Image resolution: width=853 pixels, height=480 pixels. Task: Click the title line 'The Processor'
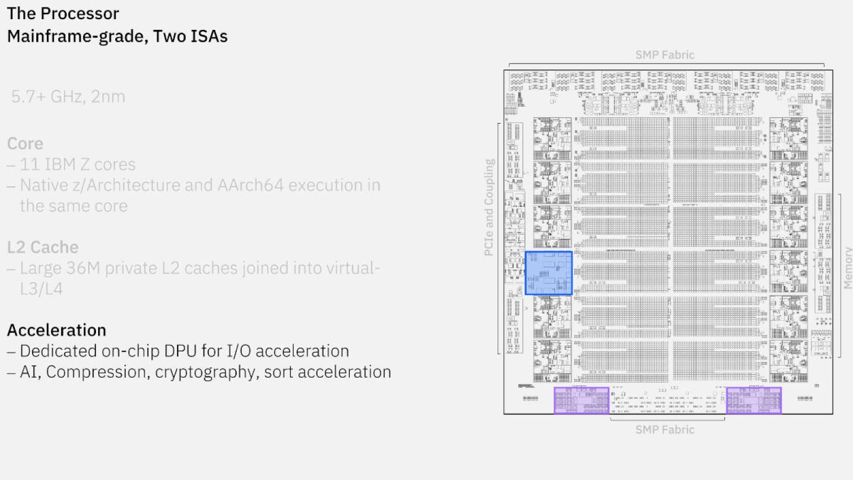(63, 14)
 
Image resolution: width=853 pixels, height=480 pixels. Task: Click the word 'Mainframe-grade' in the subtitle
(75, 37)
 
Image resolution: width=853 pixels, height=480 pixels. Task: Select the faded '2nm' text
(108, 97)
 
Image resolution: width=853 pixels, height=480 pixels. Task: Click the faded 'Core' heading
(25, 143)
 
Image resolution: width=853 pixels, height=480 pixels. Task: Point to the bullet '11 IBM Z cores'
(78, 165)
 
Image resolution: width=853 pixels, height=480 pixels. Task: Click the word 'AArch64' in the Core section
(251, 186)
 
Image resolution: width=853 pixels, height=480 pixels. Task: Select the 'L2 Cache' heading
(43, 247)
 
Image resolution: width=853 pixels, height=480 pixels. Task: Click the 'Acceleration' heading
(57, 330)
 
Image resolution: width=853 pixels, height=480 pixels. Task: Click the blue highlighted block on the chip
(549, 273)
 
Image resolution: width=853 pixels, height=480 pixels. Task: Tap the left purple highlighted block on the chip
(582, 401)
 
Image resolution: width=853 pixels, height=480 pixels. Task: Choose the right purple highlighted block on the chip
(754, 401)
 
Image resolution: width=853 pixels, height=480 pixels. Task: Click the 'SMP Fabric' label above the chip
(665, 55)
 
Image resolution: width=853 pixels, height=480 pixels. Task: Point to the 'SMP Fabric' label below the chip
(665, 430)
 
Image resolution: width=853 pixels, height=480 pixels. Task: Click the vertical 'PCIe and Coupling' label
(489, 207)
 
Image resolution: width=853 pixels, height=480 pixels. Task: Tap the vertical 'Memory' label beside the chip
(848, 268)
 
